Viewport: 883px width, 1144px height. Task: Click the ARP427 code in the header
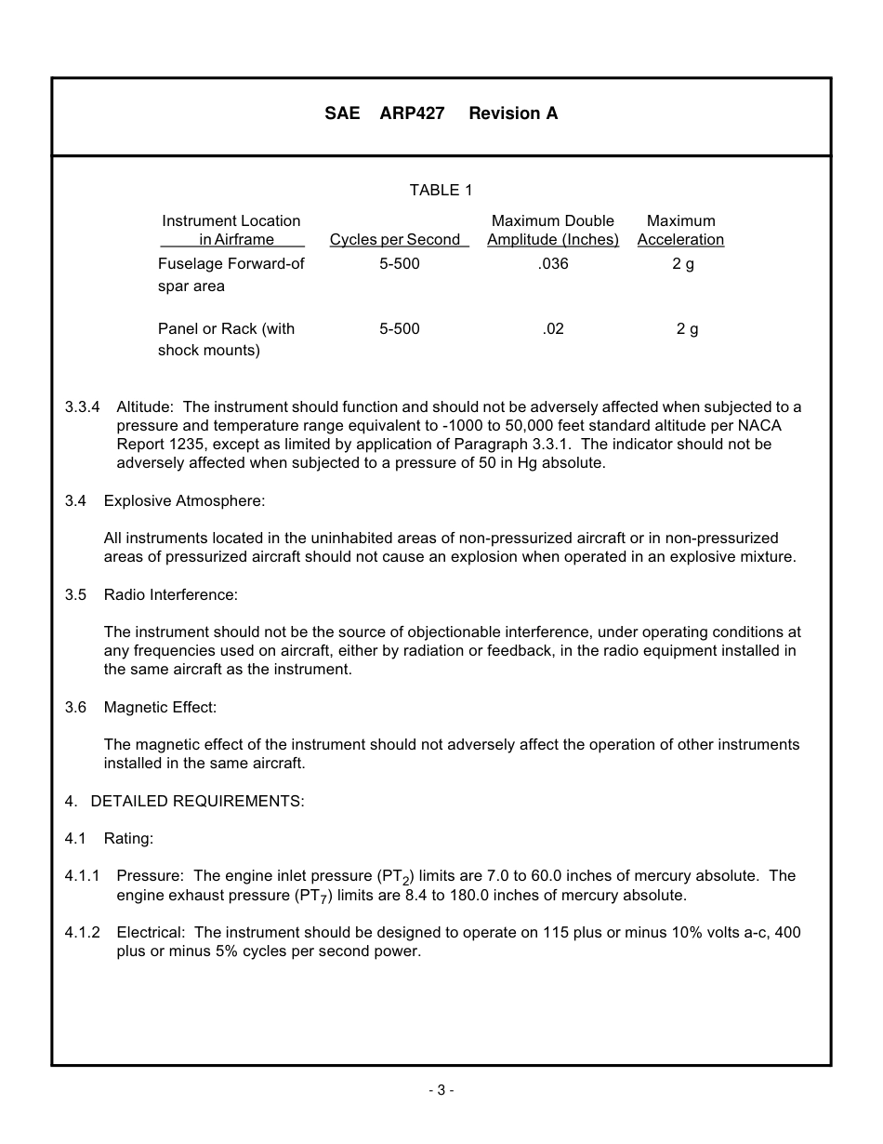click(x=412, y=113)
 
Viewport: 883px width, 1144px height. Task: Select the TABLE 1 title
click(x=441, y=190)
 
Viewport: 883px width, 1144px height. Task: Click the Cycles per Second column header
click(x=395, y=240)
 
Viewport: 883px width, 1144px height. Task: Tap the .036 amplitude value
click(x=553, y=264)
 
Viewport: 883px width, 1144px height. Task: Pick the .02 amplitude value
click(x=553, y=328)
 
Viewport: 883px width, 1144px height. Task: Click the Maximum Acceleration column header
click(x=680, y=231)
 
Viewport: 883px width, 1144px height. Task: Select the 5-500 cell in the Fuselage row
click(x=400, y=264)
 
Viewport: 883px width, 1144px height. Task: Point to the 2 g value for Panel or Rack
click(x=687, y=328)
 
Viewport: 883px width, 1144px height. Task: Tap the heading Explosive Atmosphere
click(x=184, y=500)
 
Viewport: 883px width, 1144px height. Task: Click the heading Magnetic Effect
click(x=160, y=707)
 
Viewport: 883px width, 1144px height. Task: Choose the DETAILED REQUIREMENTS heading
click(x=197, y=801)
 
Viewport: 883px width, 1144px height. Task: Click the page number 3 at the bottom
click(x=441, y=1090)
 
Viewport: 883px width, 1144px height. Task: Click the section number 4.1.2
click(x=82, y=932)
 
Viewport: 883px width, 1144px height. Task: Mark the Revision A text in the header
click(x=513, y=113)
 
